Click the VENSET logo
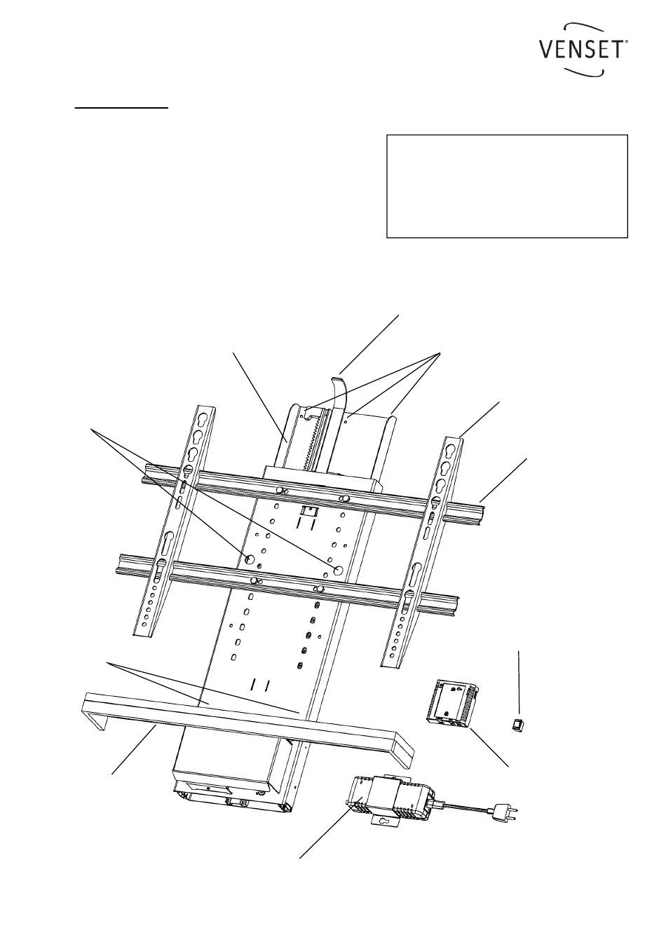[583, 49]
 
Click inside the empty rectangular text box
[507, 186]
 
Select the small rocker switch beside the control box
[517, 725]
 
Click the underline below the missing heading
[121, 108]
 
